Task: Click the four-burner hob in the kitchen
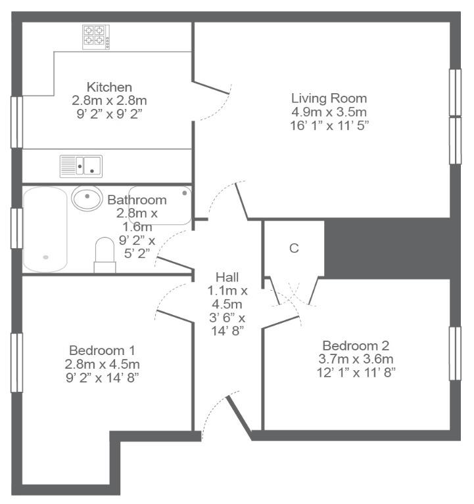(x=95, y=37)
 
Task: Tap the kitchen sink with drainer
(x=81, y=166)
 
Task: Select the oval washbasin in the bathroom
(x=87, y=198)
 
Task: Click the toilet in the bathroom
(x=105, y=255)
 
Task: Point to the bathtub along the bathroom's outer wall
(x=45, y=230)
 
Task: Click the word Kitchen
(x=109, y=87)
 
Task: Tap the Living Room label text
(x=329, y=98)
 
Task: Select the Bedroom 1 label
(x=102, y=350)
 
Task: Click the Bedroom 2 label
(x=356, y=346)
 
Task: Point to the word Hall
(x=227, y=277)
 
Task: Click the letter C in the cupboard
(x=294, y=248)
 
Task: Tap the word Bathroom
(x=137, y=200)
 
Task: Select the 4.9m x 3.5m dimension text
(x=329, y=112)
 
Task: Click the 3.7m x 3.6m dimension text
(x=356, y=359)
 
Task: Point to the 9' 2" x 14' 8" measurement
(x=102, y=377)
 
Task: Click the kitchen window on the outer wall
(x=16, y=122)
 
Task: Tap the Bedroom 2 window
(x=455, y=354)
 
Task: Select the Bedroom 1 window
(x=16, y=362)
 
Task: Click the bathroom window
(x=16, y=228)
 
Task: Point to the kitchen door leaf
(x=211, y=87)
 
